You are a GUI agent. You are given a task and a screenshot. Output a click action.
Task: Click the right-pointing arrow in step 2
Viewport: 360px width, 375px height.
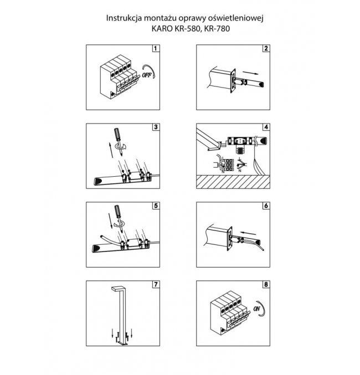[x=253, y=73]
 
